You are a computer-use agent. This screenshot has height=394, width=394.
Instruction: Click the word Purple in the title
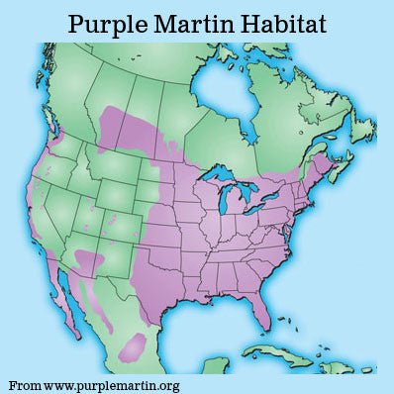pos(108,23)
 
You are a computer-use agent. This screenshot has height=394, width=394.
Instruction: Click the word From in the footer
pos(26,383)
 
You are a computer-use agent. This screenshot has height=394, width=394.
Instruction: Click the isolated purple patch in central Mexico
pos(134,345)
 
